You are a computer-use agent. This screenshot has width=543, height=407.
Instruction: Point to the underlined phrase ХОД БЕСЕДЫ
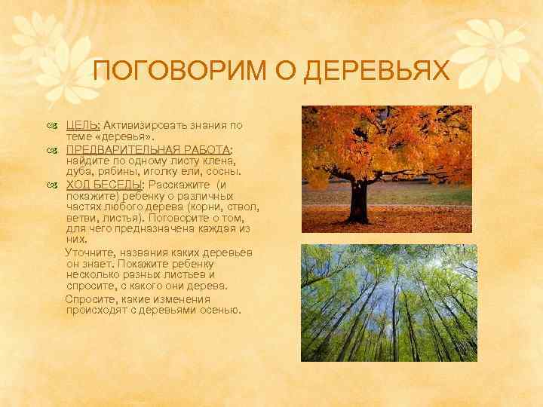pyautogui.click(x=104, y=185)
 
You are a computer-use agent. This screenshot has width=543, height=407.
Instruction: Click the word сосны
pyautogui.click(x=231, y=172)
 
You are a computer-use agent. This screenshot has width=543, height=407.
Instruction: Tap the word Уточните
pyautogui.click(x=89, y=252)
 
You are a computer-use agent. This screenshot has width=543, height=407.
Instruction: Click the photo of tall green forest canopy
pyautogui.click(x=388, y=302)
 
